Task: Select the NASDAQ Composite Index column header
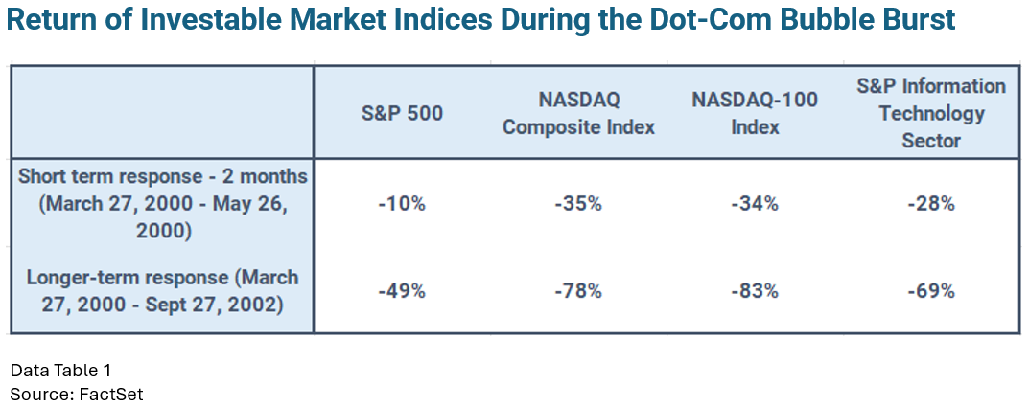pos(580,113)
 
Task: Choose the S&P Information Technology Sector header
pos(931,113)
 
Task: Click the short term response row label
pos(163,203)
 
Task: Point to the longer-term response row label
pos(163,291)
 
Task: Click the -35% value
pos(580,204)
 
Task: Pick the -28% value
pos(931,204)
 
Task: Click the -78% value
pos(580,291)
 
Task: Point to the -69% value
pos(931,291)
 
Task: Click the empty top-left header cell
pos(163,113)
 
